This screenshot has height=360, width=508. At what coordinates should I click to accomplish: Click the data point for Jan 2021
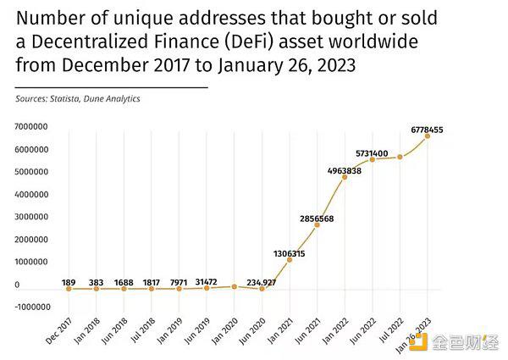(x=290, y=259)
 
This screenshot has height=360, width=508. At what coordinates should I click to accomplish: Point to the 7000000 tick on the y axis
(x=30, y=127)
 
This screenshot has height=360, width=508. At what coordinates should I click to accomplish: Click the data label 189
(x=69, y=282)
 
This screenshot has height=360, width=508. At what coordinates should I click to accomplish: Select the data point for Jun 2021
(x=317, y=224)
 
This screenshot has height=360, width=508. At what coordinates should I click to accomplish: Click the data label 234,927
(x=262, y=282)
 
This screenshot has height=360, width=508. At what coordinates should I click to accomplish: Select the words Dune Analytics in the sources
(x=114, y=99)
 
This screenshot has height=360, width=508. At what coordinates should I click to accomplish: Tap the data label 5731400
(x=373, y=153)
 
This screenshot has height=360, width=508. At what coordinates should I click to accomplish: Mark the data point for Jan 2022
(x=345, y=176)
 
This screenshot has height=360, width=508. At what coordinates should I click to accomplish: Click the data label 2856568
(x=317, y=219)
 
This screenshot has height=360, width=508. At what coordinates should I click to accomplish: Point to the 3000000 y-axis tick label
(x=30, y=217)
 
